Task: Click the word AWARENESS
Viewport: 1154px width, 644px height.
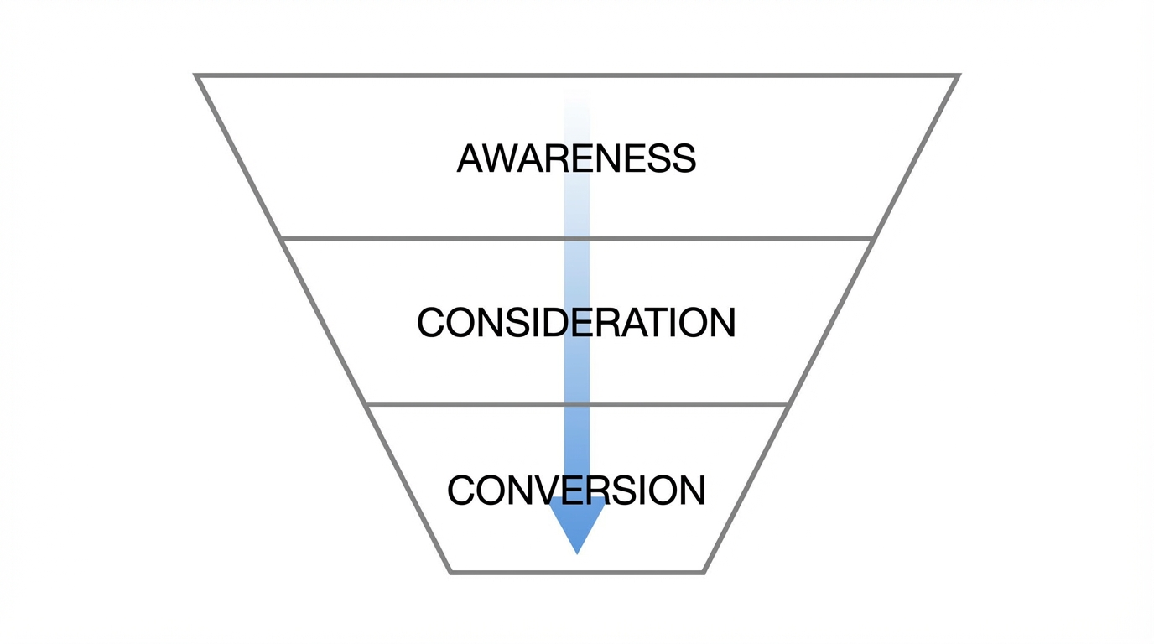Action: point(576,158)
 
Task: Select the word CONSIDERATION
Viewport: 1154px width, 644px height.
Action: point(576,323)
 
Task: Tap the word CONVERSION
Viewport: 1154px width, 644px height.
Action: point(576,491)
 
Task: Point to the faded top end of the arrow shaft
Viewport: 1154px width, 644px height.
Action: point(577,101)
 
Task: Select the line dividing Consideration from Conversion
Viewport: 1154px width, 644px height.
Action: point(470,404)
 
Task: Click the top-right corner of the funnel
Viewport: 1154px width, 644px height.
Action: point(957,75)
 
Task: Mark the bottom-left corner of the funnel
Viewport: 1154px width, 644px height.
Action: point(451,572)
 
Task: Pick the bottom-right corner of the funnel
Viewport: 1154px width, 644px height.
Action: point(703,572)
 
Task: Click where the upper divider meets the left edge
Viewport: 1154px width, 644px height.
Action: point(281,239)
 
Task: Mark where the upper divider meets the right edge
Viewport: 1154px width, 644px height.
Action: point(873,239)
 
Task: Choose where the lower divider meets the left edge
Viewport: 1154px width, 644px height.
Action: point(366,404)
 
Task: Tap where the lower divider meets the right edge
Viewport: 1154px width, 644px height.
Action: point(788,404)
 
